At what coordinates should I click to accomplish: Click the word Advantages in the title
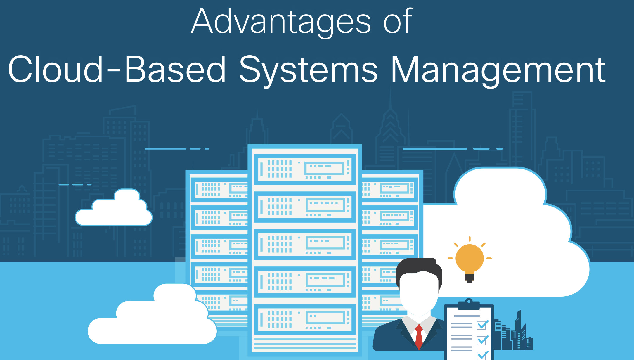coord(281,22)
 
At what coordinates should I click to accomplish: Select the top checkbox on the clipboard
coord(482,325)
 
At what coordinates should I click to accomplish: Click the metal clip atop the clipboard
coord(469,304)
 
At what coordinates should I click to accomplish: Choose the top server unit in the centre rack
coord(305,169)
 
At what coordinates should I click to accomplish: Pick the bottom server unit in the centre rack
coord(305,319)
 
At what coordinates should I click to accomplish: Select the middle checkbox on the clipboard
coord(482,340)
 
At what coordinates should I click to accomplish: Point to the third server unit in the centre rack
coord(305,244)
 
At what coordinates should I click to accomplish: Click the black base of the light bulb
coord(470,278)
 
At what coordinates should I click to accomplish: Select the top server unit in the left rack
coord(219,190)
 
